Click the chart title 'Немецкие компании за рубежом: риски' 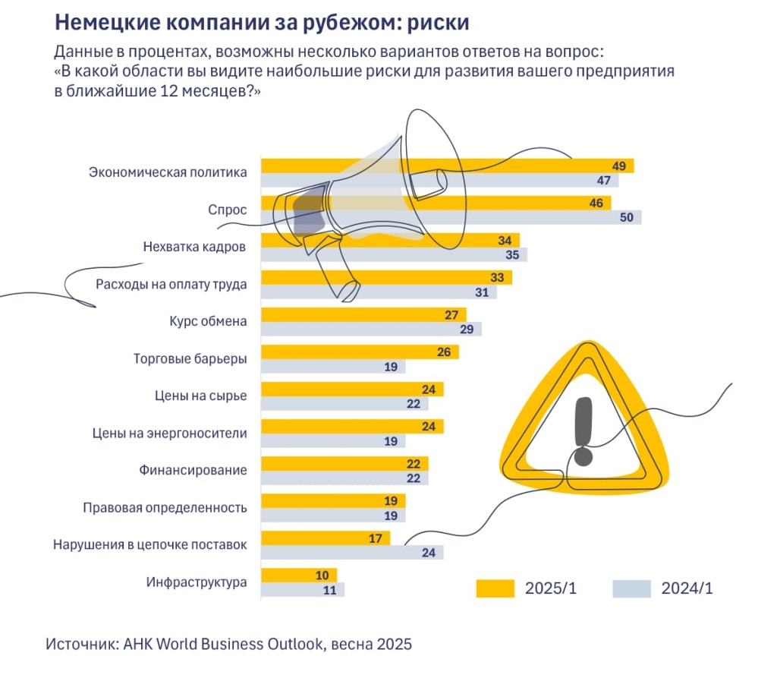point(262,22)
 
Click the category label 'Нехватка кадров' point(194,247)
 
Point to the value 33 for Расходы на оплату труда point(497,278)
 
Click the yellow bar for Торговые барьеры point(360,352)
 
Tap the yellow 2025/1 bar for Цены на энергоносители point(352,427)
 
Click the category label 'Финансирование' point(193,470)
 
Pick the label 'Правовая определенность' point(165,507)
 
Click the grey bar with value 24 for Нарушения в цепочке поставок point(352,552)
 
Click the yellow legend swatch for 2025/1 point(495,588)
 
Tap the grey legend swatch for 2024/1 point(631,588)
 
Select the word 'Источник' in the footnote point(79,645)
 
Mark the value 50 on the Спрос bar point(626,218)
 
